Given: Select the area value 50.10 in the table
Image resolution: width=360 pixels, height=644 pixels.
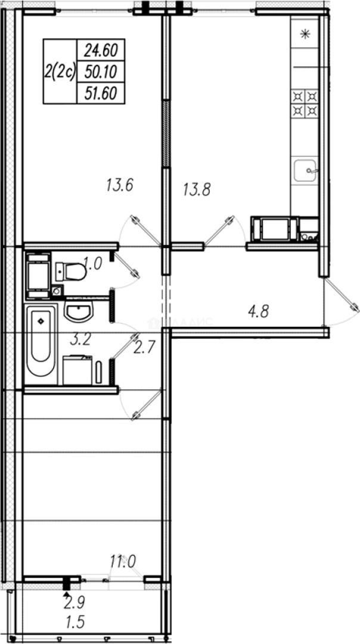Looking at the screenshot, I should point(100,72).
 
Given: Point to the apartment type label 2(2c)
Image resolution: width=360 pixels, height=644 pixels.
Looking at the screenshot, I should point(60,72).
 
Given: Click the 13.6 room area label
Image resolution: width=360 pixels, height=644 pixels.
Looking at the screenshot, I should point(119,185).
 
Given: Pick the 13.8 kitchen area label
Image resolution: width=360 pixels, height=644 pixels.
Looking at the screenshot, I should point(197,190).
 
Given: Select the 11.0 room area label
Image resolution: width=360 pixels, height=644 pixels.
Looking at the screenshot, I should point(123,561).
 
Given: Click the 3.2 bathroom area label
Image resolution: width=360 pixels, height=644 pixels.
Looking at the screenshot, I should point(80,340).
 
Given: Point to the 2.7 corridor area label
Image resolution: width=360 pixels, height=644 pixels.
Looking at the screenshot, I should point(144,348).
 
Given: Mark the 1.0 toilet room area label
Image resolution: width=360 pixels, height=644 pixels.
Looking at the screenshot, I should point(93,264).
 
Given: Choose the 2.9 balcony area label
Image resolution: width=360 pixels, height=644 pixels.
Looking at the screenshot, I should point(76,602).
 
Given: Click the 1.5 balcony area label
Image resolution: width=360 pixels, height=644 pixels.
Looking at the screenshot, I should point(76,623).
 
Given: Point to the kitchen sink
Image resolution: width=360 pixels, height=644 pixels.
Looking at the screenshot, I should point(305,171).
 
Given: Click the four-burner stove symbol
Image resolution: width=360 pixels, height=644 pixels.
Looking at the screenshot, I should point(305,103).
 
